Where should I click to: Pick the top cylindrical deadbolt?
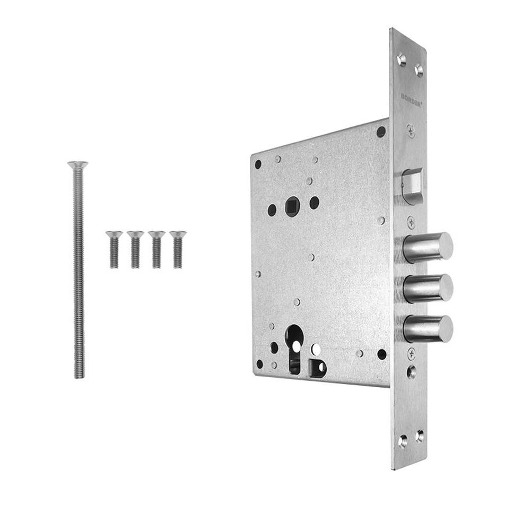(x=429, y=245)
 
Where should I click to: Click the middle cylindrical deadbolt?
(x=429, y=288)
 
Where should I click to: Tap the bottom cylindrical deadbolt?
(x=429, y=328)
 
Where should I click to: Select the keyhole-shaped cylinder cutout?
(x=294, y=345)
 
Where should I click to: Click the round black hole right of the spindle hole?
(x=314, y=201)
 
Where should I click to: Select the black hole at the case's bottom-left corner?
(x=259, y=364)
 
